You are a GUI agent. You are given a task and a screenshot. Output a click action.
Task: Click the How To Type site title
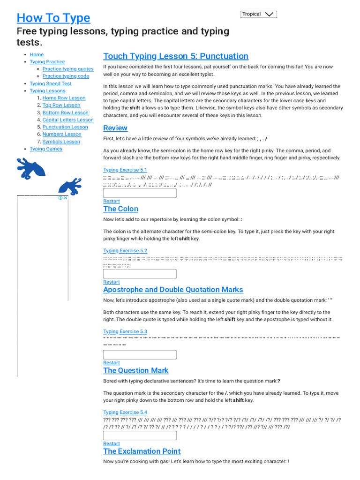53,18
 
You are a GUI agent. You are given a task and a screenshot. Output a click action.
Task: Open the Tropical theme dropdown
259,14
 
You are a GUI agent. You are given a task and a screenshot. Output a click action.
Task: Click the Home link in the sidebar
37,54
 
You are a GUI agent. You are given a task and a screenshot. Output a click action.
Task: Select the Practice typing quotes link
67,69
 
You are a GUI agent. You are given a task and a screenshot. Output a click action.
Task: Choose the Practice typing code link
66,76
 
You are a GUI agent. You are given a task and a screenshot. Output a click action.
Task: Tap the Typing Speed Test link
51,83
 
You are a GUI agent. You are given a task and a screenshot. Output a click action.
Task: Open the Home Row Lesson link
64,98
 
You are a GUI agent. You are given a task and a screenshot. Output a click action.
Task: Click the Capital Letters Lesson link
68,120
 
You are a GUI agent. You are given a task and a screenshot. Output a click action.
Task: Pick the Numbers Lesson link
62,134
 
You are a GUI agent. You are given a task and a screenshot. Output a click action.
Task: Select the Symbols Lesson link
61,142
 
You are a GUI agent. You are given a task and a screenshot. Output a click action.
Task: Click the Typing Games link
46,149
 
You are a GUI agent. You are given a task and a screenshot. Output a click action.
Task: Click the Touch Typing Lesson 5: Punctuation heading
176,56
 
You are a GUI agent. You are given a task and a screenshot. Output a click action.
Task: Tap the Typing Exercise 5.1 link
125,170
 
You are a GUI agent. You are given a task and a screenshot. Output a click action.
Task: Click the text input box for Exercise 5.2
140,274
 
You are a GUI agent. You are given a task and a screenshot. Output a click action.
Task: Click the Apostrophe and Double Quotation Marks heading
173,290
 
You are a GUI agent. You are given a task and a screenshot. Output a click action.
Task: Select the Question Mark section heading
135,370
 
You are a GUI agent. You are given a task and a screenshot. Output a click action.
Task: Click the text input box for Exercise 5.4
140,435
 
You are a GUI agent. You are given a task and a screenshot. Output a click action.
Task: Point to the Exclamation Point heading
142,451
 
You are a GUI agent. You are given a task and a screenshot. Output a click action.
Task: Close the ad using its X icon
66,198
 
